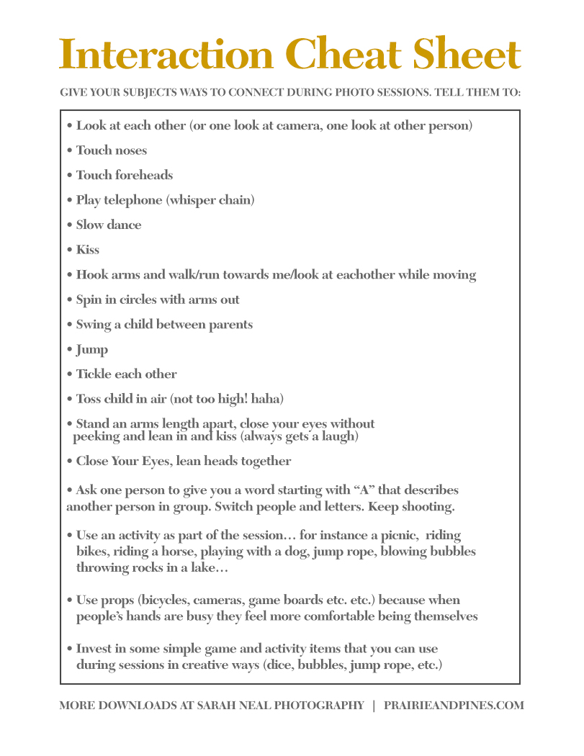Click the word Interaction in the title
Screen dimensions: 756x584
click(x=166, y=54)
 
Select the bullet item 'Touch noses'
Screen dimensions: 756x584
click(x=111, y=150)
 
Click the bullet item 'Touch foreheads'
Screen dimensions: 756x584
click(x=124, y=175)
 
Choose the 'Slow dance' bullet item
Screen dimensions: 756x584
click(x=108, y=225)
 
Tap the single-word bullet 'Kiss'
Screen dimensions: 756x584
click(x=88, y=250)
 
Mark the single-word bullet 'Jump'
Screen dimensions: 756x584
click(x=92, y=350)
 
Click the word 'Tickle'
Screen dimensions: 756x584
click(x=94, y=374)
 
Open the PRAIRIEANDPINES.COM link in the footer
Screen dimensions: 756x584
click(x=455, y=706)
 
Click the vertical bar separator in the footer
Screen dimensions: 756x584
click(x=374, y=706)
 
